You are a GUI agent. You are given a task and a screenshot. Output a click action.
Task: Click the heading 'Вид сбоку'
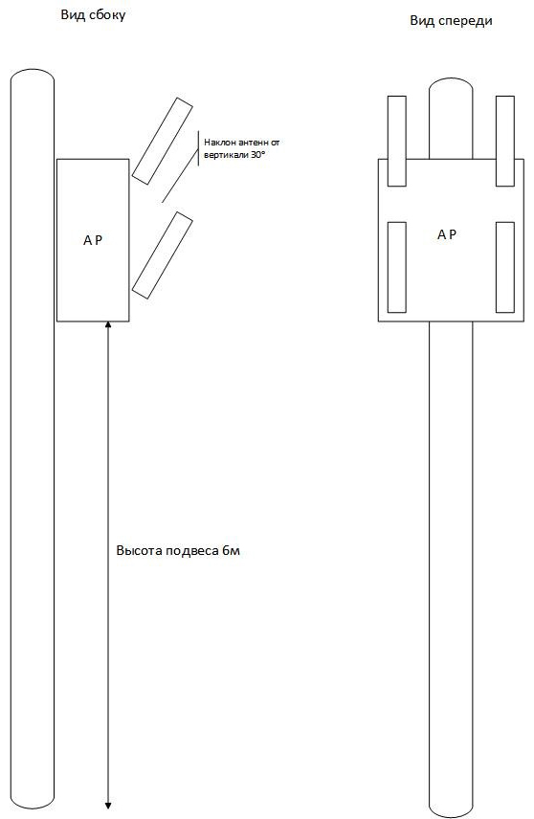pos(93,15)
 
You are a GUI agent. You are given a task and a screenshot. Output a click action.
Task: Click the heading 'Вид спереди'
pos(451,21)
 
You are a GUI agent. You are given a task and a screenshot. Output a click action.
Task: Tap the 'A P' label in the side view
pos(93,240)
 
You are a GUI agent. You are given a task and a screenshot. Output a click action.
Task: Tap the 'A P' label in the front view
pos(446,235)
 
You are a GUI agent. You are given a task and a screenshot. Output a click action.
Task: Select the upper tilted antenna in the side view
pos(162,141)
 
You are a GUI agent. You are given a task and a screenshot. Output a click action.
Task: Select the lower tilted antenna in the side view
pos(162,255)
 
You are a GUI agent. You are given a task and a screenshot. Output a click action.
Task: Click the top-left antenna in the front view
pos(396,141)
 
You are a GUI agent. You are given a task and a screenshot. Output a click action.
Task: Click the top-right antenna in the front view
pos(504,141)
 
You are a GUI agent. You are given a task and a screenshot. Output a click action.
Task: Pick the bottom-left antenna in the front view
pos(396,268)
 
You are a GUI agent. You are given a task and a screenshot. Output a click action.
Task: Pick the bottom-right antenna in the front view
pos(504,268)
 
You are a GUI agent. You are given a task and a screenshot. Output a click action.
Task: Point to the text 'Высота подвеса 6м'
pos(178,551)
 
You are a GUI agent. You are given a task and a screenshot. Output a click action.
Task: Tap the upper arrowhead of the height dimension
pos(108,325)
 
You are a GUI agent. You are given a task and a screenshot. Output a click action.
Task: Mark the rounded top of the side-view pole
pos(33,72)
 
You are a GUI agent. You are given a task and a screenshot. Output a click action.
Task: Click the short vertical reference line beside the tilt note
pos(198,149)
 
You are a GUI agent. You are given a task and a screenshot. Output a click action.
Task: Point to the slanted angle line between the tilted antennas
pos(180,175)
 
